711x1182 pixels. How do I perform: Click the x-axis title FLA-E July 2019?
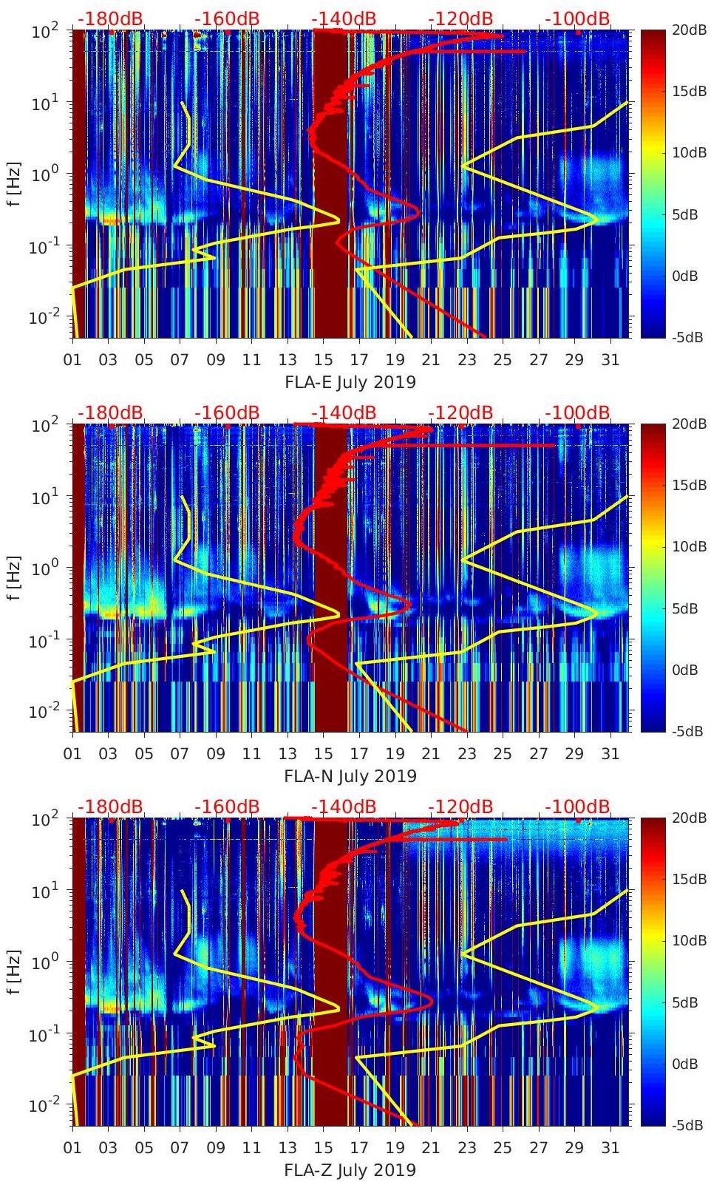point(350,382)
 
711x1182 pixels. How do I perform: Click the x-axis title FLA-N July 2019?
point(350,776)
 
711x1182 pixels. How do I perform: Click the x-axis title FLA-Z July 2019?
point(350,1170)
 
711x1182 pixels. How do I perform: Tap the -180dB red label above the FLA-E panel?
point(110,18)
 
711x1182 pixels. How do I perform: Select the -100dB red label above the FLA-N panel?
point(577,412)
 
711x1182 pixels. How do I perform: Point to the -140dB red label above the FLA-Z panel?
point(344,806)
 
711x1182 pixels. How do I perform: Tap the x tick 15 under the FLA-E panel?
point(323,360)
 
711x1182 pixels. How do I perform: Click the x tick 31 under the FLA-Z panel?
point(610,1148)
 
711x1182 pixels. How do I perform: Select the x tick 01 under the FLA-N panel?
point(72,754)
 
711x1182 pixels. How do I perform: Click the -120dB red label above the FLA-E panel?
point(460,18)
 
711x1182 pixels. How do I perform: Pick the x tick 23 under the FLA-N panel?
point(466,754)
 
